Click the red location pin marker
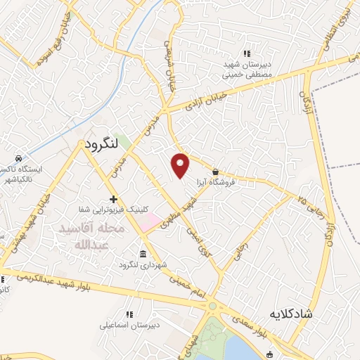click(181, 165)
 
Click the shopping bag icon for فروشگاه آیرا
click(215, 172)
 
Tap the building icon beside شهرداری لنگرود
click(143, 253)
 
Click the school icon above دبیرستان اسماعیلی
click(129, 314)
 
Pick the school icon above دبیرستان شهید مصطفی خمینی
click(246, 53)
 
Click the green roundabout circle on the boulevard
click(212, 306)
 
